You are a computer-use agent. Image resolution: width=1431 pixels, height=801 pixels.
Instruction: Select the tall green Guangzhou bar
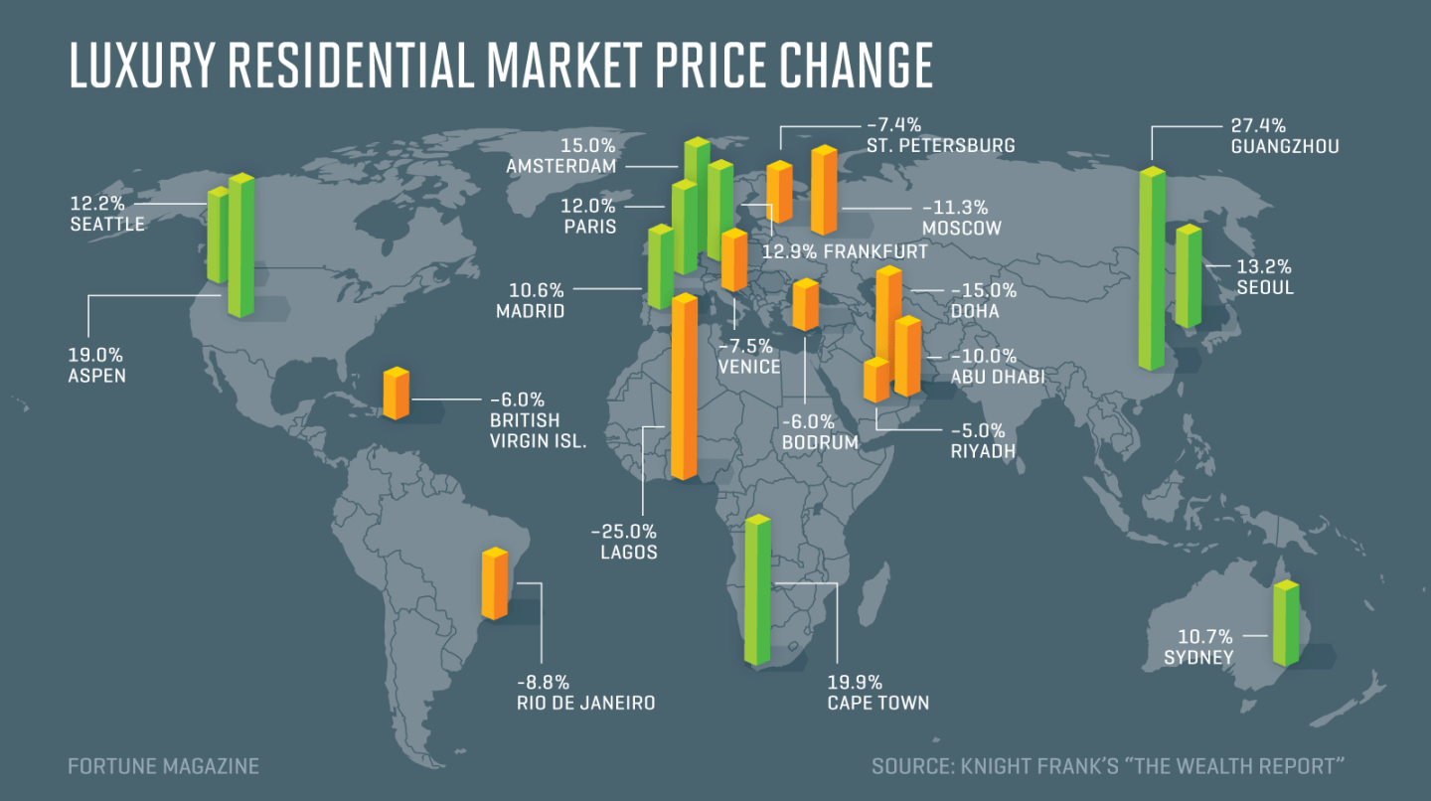tap(1151, 268)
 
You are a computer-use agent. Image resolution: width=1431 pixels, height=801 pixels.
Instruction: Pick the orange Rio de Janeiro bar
tap(494, 583)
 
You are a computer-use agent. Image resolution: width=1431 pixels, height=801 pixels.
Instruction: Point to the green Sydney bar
tap(1286, 623)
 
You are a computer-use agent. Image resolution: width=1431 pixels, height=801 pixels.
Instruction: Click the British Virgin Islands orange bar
tap(397, 394)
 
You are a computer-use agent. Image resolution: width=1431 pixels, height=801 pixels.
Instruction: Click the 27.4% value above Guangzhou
tap(1258, 125)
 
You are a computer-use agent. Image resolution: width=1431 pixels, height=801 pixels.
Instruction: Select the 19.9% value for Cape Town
tap(855, 682)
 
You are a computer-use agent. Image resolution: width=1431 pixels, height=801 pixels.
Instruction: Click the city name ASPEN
tap(97, 376)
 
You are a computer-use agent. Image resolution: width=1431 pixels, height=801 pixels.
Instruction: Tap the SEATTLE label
tap(107, 225)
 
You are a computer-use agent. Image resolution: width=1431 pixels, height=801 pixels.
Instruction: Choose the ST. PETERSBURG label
tap(938, 146)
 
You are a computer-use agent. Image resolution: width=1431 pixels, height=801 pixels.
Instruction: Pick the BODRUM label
tap(820, 441)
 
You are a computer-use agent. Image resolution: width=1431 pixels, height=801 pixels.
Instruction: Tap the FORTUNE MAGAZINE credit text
tap(163, 766)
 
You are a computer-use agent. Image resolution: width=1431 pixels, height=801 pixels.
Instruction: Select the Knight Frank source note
tap(1108, 766)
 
